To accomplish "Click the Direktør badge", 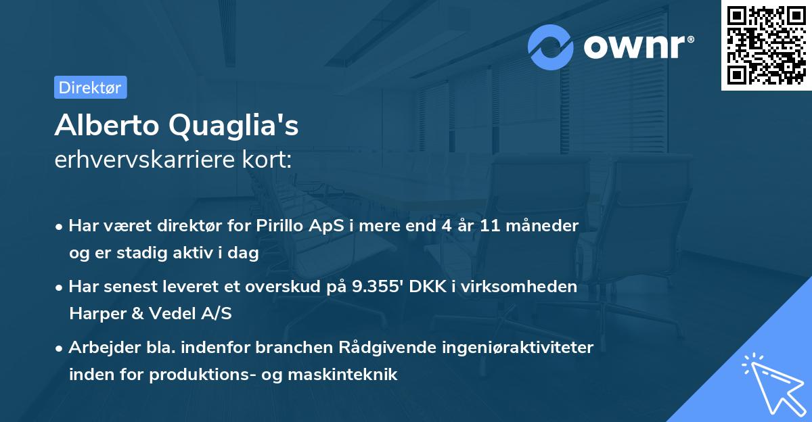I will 90,87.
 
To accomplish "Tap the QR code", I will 767,45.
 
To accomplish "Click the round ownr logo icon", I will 551,47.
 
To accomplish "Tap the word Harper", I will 93,314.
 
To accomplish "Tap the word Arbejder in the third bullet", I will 98,348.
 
